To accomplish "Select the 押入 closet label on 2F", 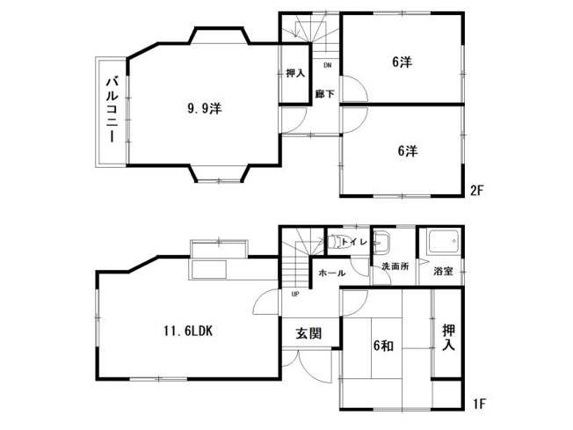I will [x=295, y=75].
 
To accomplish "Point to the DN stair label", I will [x=327, y=66].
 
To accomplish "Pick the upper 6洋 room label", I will [x=403, y=62].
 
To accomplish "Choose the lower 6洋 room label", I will [x=406, y=150].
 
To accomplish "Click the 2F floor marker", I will [x=477, y=189].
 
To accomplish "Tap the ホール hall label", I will [x=331, y=273].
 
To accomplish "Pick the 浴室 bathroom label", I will [x=443, y=271].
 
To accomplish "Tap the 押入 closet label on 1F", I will [x=449, y=338].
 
